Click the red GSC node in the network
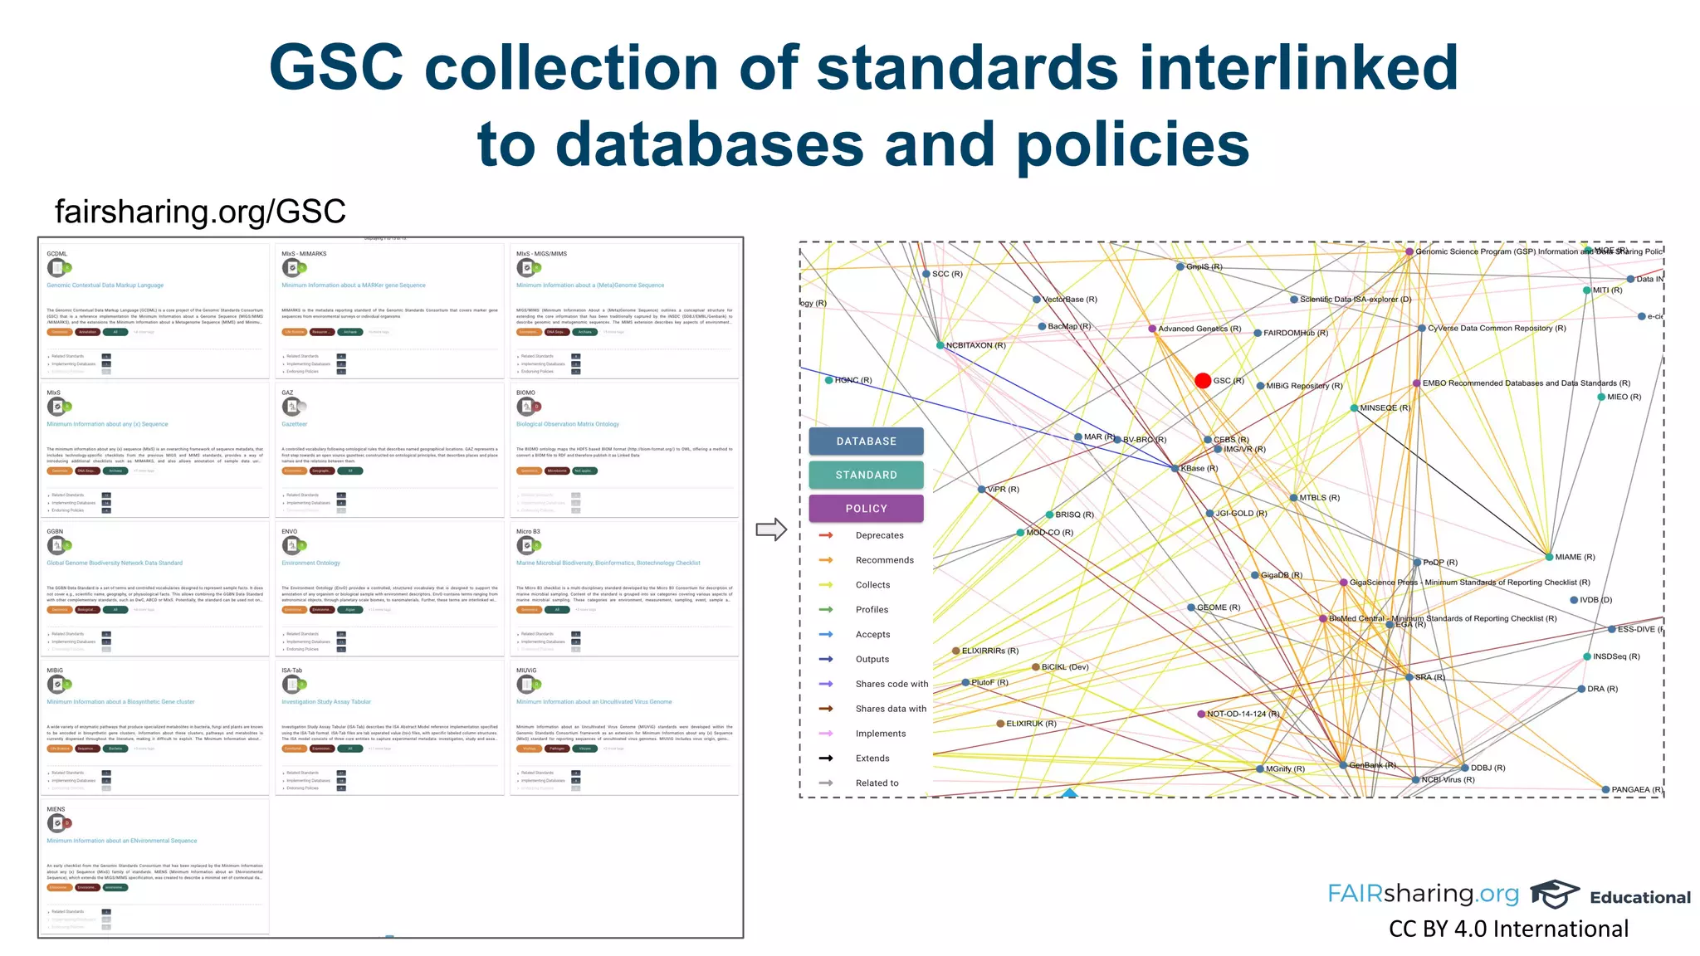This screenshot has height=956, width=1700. coord(1203,380)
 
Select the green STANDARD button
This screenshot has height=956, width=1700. coord(866,475)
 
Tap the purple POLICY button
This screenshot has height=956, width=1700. coord(866,509)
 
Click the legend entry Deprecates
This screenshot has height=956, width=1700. coord(879,535)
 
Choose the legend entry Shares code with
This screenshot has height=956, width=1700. coord(892,684)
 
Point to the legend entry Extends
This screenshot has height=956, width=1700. coord(872,758)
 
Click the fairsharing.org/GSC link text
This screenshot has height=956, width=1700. coord(200,212)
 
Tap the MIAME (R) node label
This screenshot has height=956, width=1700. coord(1575,557)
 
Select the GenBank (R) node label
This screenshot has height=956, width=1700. coord(1372,765)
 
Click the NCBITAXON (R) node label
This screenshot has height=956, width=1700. coord(975,345)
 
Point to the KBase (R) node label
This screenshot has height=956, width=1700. coord(1199,469)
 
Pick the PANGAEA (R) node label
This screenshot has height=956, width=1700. coord(1636,790)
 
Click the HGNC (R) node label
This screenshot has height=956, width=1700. coord(853,380)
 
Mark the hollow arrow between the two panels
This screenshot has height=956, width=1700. coord(771,529)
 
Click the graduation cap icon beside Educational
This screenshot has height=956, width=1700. coord(1554,894)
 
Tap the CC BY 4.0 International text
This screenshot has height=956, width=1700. coord(1508,929)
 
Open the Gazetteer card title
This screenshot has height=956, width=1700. coord(295,424)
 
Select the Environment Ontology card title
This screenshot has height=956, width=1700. coord(311,563)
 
